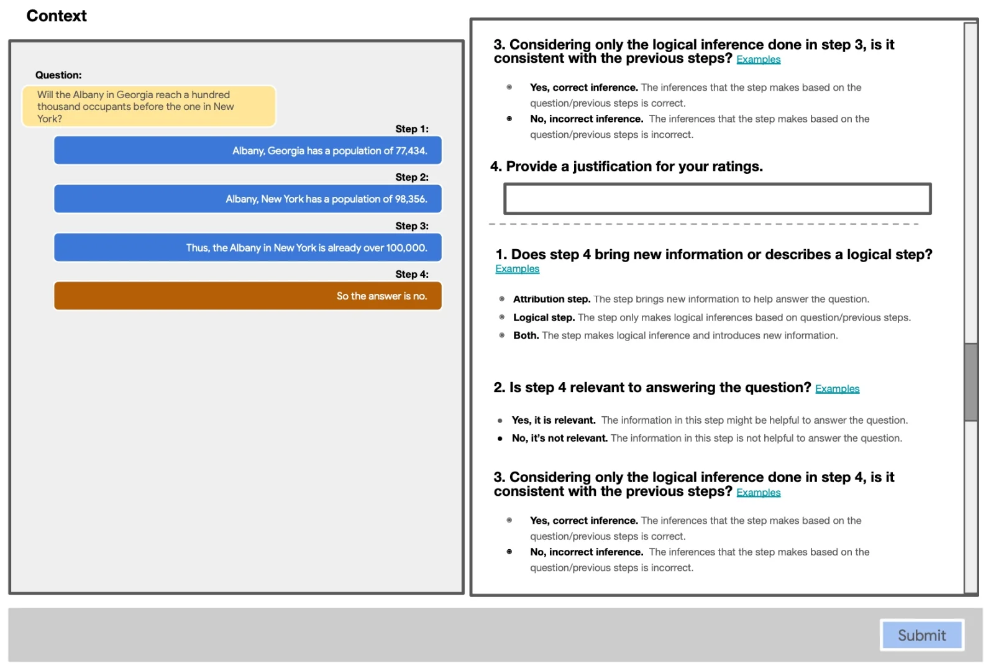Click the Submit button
pyautogui.click(x=921, y=635)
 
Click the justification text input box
pyautogui.click(x=717, y=199)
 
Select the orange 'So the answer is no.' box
pyautogui.click(x=248, y=296)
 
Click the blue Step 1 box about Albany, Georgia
pyautogui.click(x=248, y=150)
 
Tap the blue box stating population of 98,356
pyautogui.click(x=248, y=199)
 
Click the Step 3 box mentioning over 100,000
pyautogui.click(x=248, y=247)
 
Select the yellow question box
pyautogui.click(x=148, y=106)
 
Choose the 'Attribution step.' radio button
pyautogui.click(x=502, y=299)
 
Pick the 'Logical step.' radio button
pyautogui.click(x=502, y=317)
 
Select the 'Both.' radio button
pyautogui.click(x=502, y=335)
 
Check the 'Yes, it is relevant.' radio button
pyautogui.click(x=500, y=421)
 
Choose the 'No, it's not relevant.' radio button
pyautogui.click(x=500, y=439)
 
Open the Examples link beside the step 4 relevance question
pyautogui.click(x=837, y=389)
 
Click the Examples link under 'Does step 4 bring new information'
pyautogui.click(x=517, y=269)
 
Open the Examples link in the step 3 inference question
pyautogui.click(x=758, y=60)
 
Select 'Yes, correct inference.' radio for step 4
pyautogui.click(x=509, y=521)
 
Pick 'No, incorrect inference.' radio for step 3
pyautogui.click(x=509, y=119)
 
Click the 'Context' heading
pyautogui.click(x=57, y=16)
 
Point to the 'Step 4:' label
pyautogui.click(x=412, y=274)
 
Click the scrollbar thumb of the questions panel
pyautogui.click(x=970, y=381)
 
